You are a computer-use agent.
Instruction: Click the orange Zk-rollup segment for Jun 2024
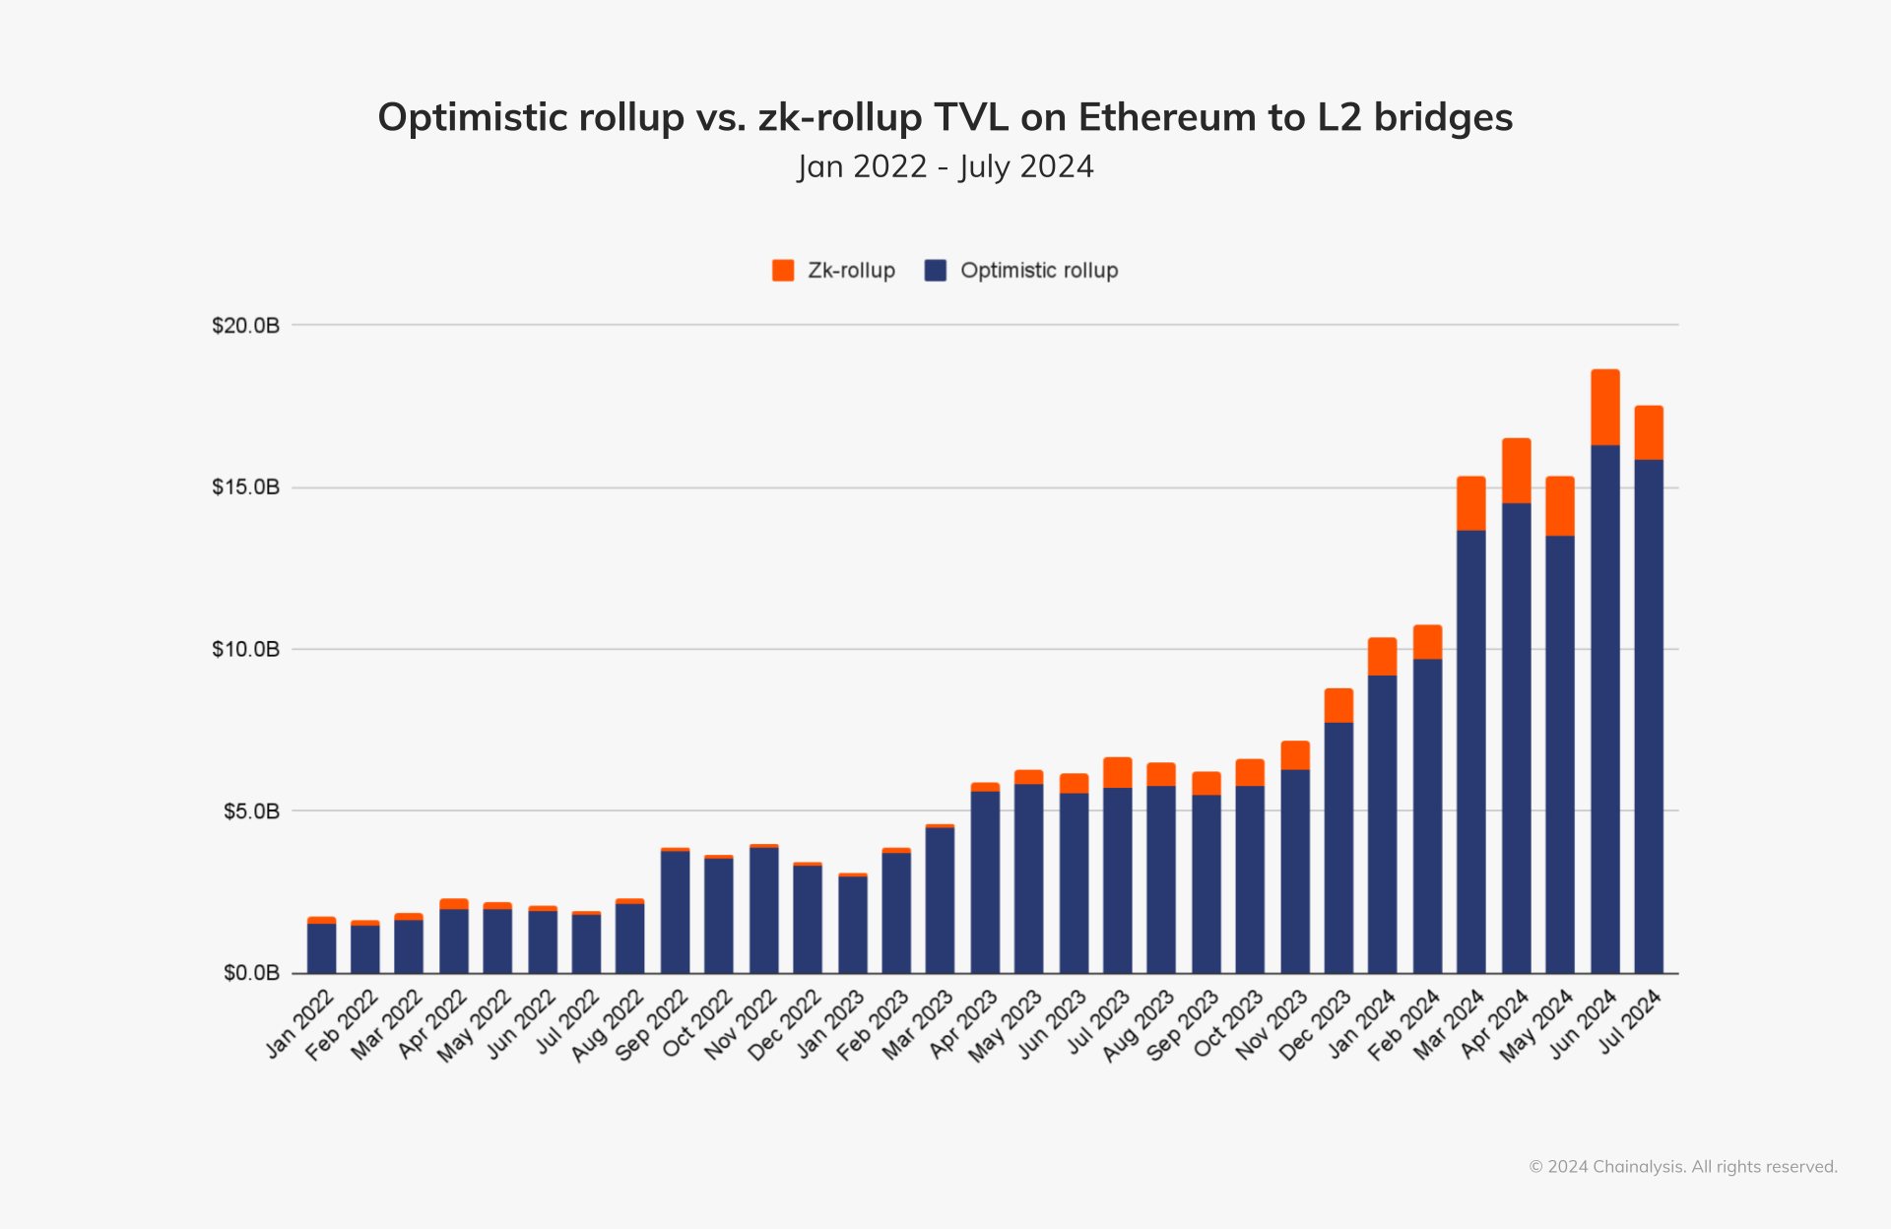[x=1604, y=407]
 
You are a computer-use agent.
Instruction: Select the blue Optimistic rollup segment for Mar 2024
[x=1470, y=748]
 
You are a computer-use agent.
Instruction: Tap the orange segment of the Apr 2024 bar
[x=1516, y=471]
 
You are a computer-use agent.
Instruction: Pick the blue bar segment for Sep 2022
[x=675, y=911]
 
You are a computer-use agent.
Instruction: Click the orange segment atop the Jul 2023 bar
[x=1117, y=772]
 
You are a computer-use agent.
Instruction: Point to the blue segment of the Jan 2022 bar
[x=321, y=947]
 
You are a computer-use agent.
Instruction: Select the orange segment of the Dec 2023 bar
[x=1338, y=705]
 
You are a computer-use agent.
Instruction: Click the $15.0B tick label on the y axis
[x=245, y=487]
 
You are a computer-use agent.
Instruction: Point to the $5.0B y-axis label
[x=251, y=811]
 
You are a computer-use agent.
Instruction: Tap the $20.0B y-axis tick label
[x=245, y=325]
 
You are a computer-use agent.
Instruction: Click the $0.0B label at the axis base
[x=251, y=973]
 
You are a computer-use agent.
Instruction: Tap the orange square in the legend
[x=783, y=271]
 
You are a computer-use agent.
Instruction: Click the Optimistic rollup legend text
[x=1039, y=271]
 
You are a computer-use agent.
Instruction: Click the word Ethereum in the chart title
[x=1167, y=117]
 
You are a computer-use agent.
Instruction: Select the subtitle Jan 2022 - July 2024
[x=945, y=166]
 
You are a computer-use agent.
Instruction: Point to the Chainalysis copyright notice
[x=1682, y=1167]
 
